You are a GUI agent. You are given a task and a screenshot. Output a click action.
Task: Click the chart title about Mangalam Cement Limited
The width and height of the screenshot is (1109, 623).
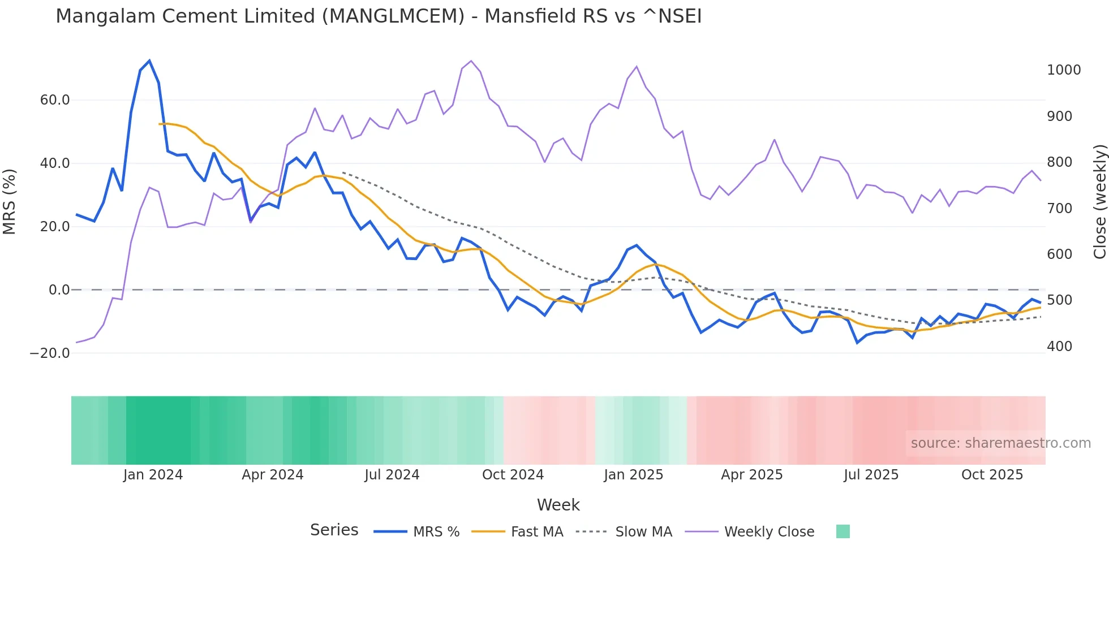(379, 16)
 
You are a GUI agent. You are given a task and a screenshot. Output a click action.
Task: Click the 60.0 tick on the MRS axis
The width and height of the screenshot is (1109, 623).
(55, 100)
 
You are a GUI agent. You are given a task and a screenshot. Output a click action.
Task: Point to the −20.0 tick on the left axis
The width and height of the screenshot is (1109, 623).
(50, 353)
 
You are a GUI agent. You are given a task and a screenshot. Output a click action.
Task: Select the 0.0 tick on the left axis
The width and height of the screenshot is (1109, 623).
(59, 290)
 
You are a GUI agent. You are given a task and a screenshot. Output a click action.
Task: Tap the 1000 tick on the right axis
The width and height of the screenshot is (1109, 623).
(1064, 70)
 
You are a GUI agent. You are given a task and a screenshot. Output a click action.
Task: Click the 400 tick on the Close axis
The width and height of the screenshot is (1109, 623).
(1059, 347)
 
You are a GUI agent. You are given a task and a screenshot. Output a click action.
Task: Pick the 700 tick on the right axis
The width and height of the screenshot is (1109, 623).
(1059, 209)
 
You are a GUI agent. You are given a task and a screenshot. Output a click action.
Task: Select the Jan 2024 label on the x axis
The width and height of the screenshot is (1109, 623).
(153, 475)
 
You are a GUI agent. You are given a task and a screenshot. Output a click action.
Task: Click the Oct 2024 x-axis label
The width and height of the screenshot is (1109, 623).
(513, 475)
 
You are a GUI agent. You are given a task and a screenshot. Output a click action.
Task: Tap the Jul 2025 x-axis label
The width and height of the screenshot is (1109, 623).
(871, 475)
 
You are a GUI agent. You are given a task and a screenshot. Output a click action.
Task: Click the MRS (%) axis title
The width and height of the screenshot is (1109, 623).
(10, 201)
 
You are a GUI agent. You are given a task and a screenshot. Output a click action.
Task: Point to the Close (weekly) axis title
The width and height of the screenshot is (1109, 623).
(1099, 202)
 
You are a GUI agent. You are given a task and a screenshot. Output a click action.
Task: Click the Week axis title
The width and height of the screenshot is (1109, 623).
(558, 505)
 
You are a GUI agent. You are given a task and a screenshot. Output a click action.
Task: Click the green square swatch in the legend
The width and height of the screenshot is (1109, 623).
(843, 531)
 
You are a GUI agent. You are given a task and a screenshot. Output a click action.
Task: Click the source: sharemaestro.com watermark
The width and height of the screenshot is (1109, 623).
(1000, 443)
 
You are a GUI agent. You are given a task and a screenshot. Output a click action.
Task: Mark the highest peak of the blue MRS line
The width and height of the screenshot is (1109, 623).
(149, 60)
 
